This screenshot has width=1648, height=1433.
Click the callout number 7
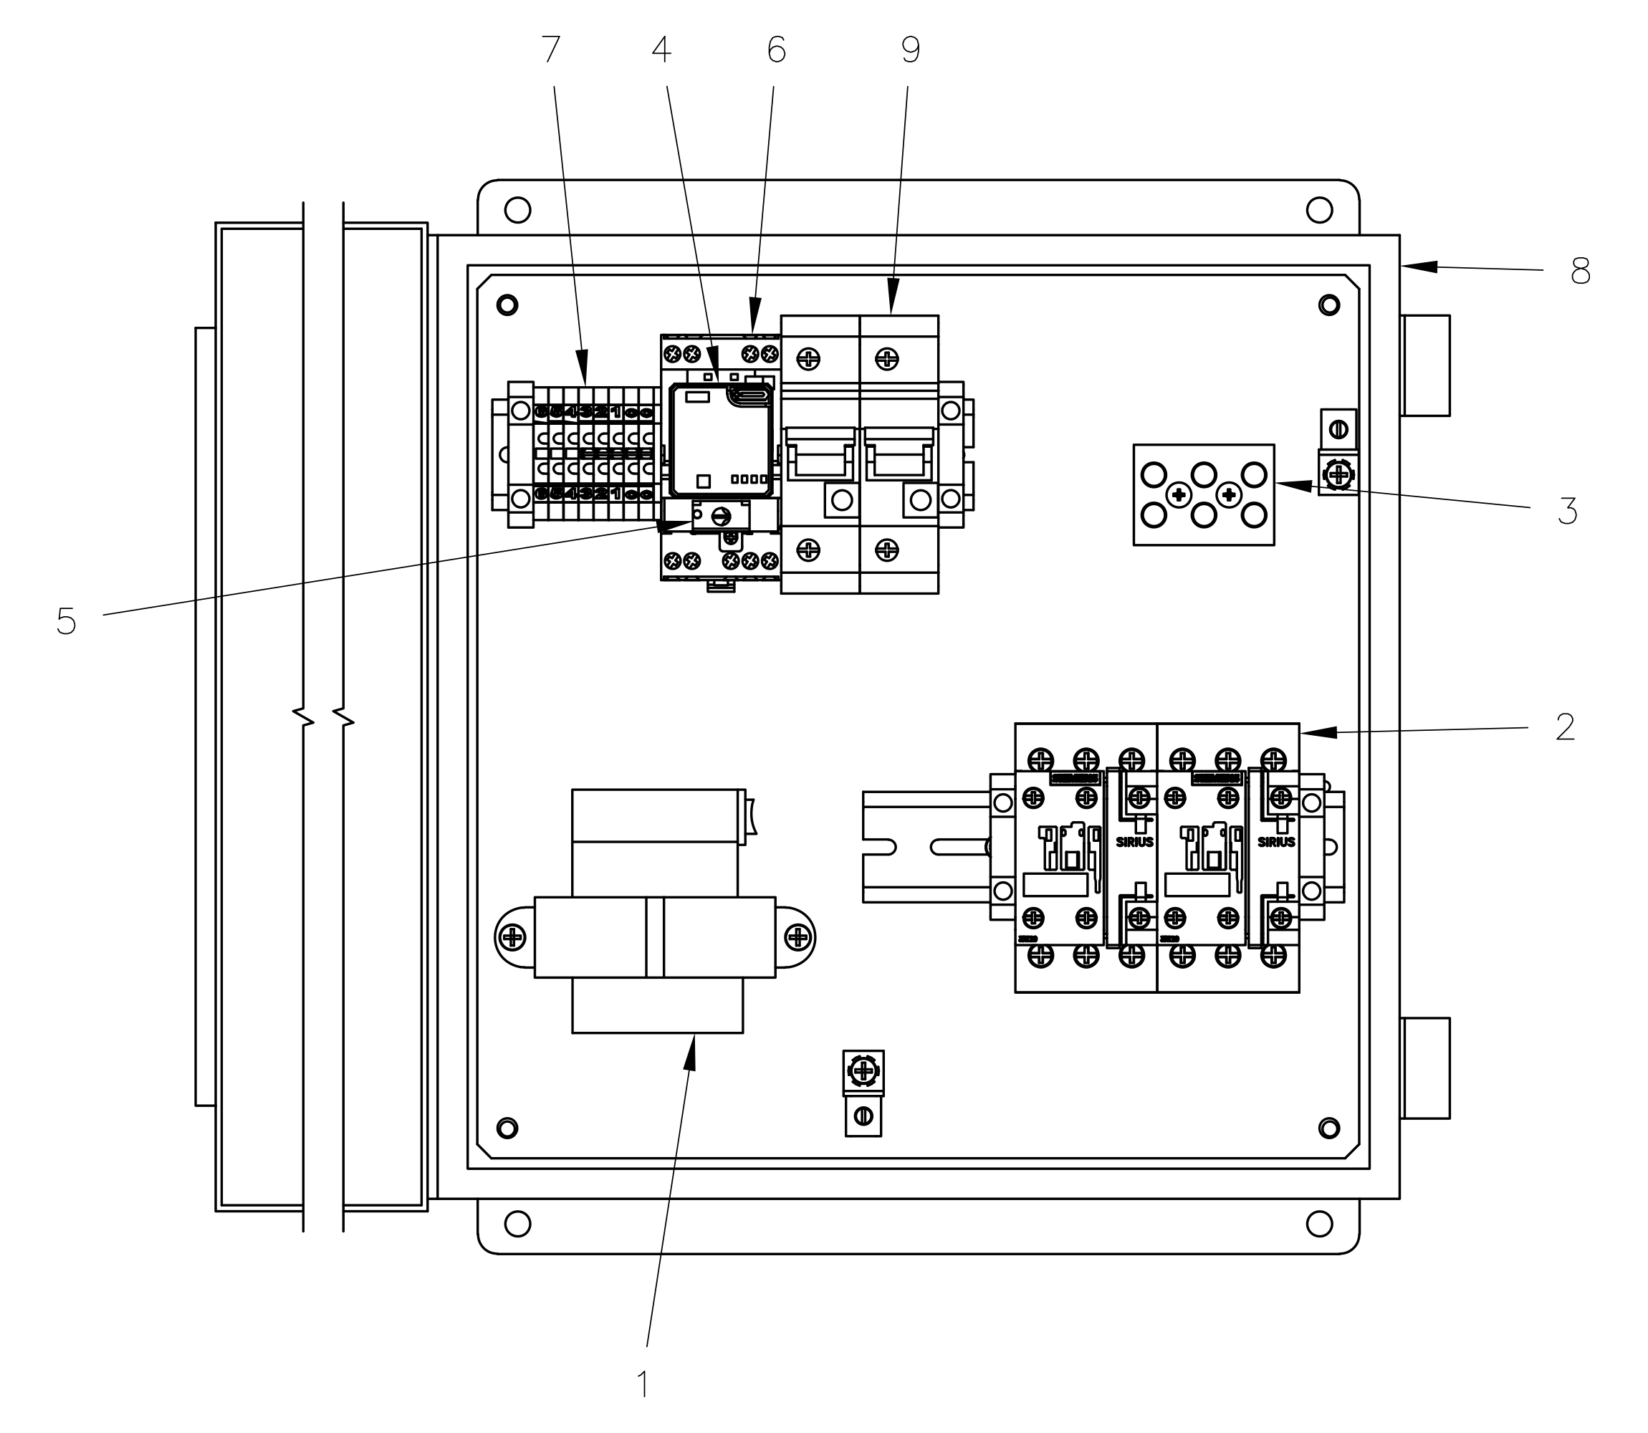click(x=551, y=50)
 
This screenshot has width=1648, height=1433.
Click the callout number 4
click(x=661, y=50)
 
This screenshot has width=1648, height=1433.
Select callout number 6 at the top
click(x=775, y=50)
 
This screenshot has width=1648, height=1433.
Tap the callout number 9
click(x=910, y=50)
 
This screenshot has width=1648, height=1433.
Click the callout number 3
click(x=1567, y=512)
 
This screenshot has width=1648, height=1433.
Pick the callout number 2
click(x=1565, y=728)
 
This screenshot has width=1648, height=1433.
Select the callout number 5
click(x=67, y=621)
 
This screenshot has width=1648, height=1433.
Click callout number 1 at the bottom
click(x=643, y=1385)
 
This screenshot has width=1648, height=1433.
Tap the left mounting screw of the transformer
click(x=512, y=936)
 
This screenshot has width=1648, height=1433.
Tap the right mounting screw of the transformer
click(x=798, y=936)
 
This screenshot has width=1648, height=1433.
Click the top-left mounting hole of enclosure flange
click(x=517, y=211)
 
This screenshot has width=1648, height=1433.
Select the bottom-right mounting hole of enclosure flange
click(x=1318, y=1224)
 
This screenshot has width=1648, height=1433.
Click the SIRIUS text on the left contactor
click(x=1135, y=842)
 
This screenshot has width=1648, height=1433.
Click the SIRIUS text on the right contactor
click(x=1276, y=842)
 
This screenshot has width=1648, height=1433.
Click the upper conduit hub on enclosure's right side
click(x=1426, y=365)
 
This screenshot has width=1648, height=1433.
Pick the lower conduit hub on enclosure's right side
click(x=1426, y=1068)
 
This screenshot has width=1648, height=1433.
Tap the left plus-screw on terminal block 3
click(x=1179, y=496)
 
